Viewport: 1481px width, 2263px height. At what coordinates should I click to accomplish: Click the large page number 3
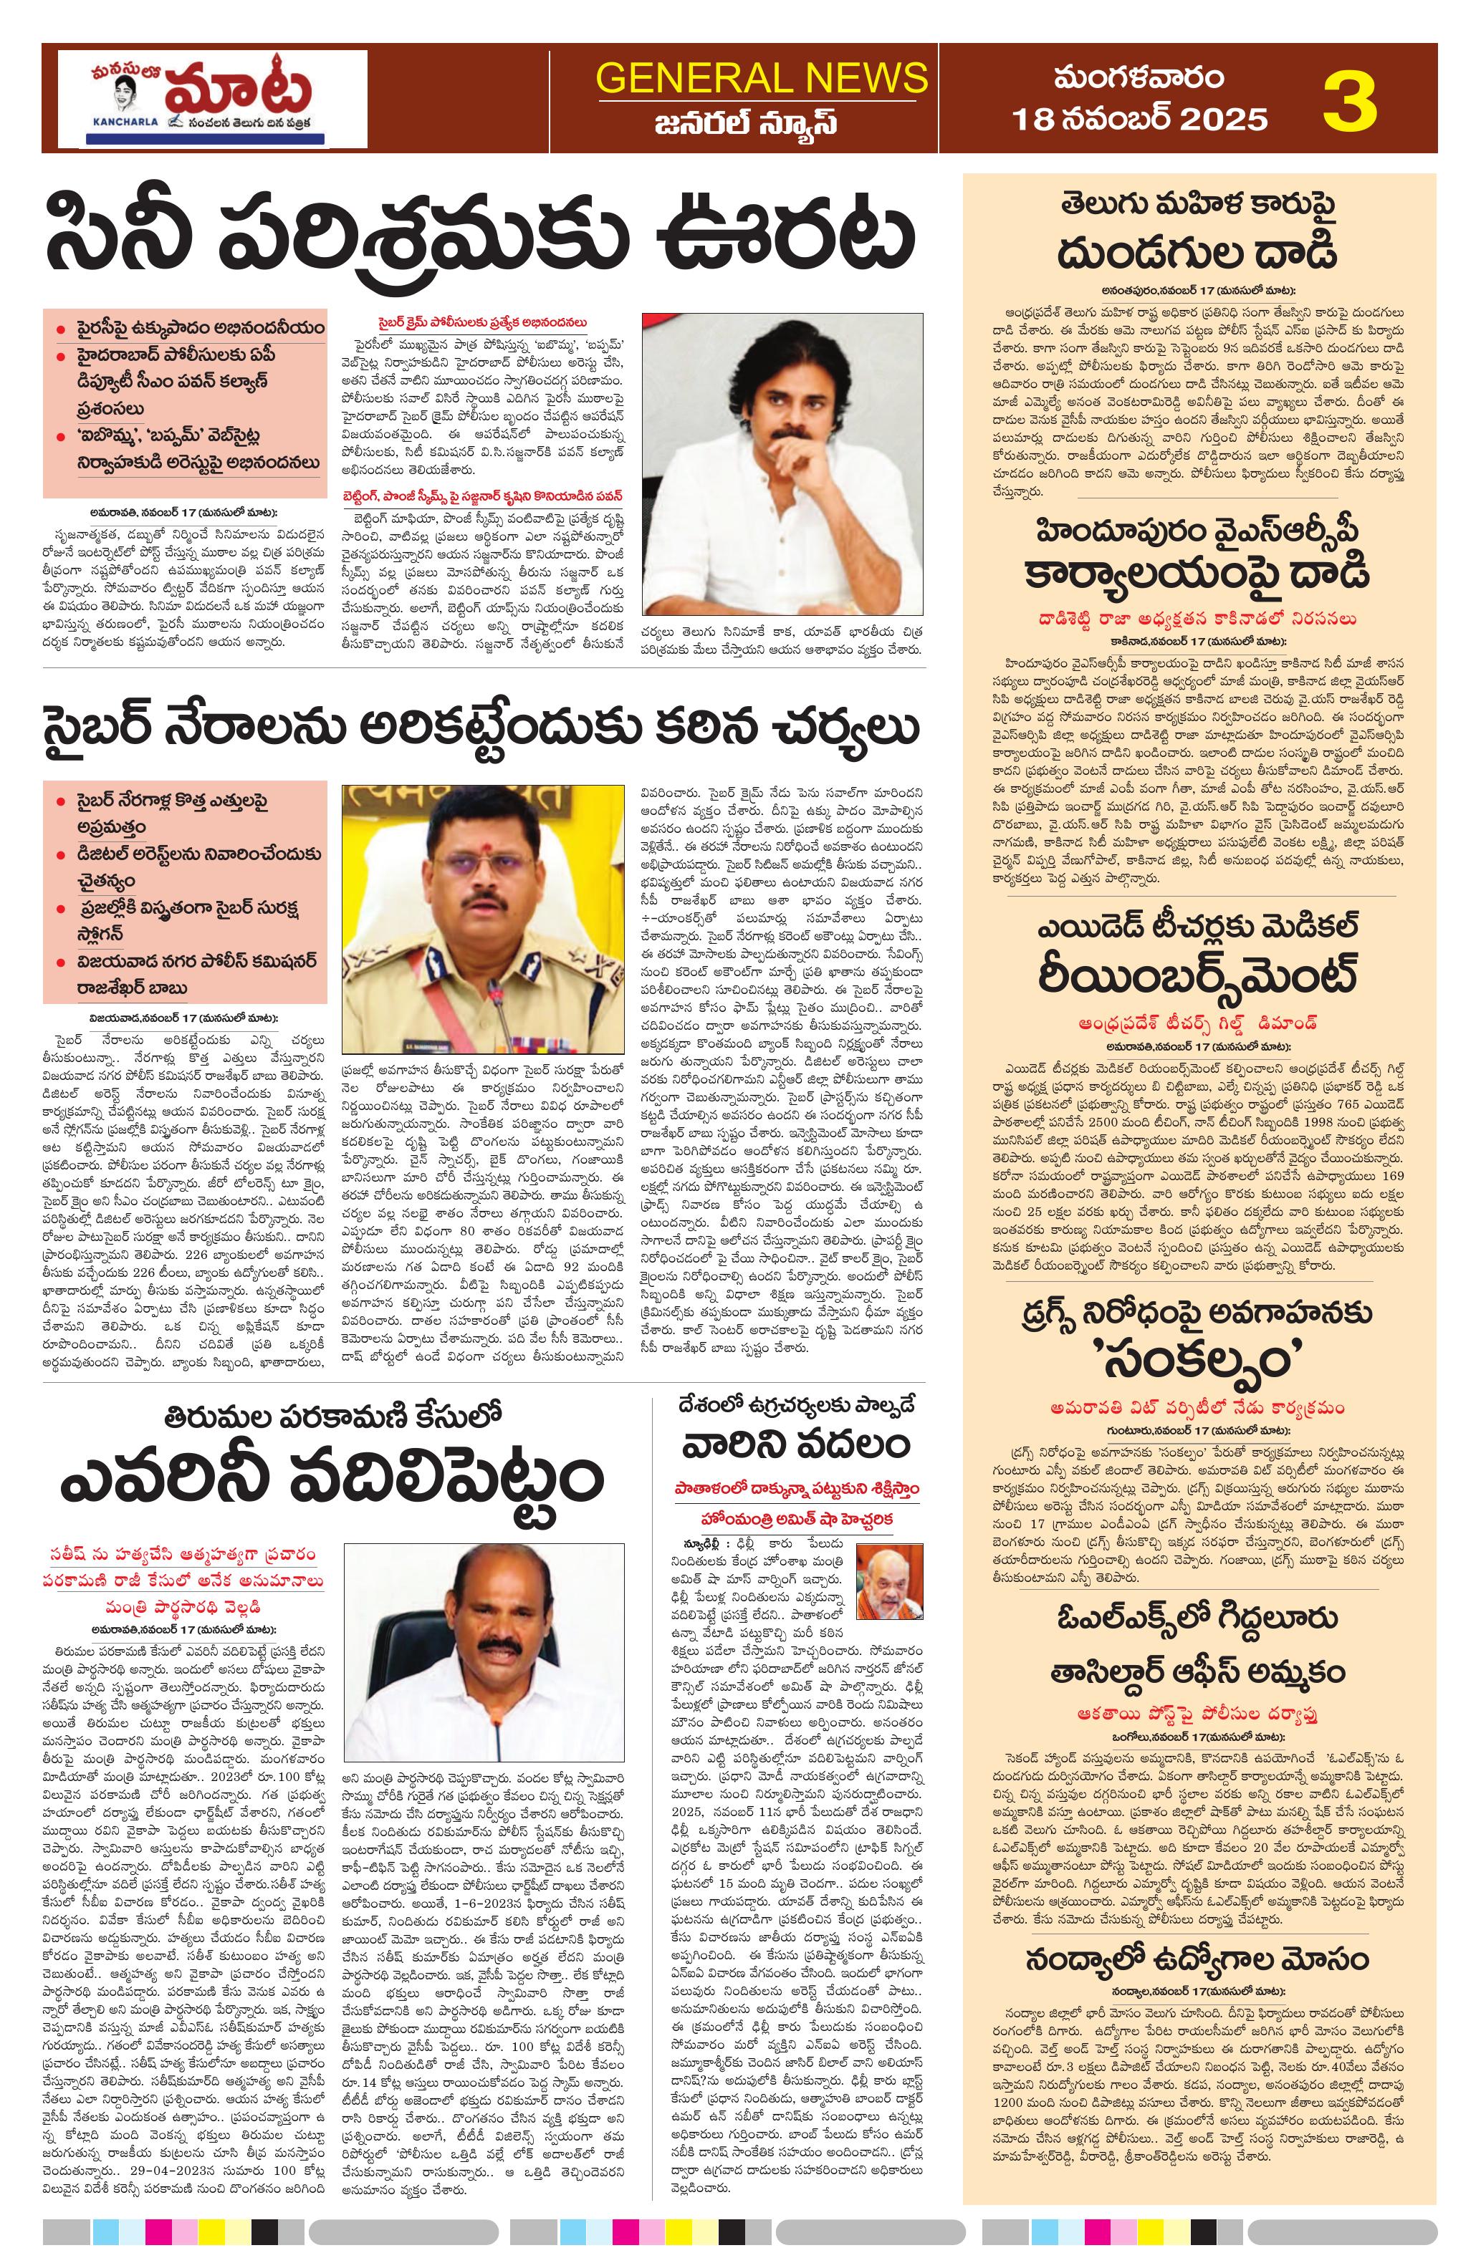click(x=1351, y=98)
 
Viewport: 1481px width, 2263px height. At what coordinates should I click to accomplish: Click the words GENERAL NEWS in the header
click(x=761, y=78)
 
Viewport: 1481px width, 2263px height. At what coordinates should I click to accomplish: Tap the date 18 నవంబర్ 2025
click(x=1139, y=119)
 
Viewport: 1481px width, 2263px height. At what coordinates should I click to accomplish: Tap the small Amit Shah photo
click(x=889, y=1579)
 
